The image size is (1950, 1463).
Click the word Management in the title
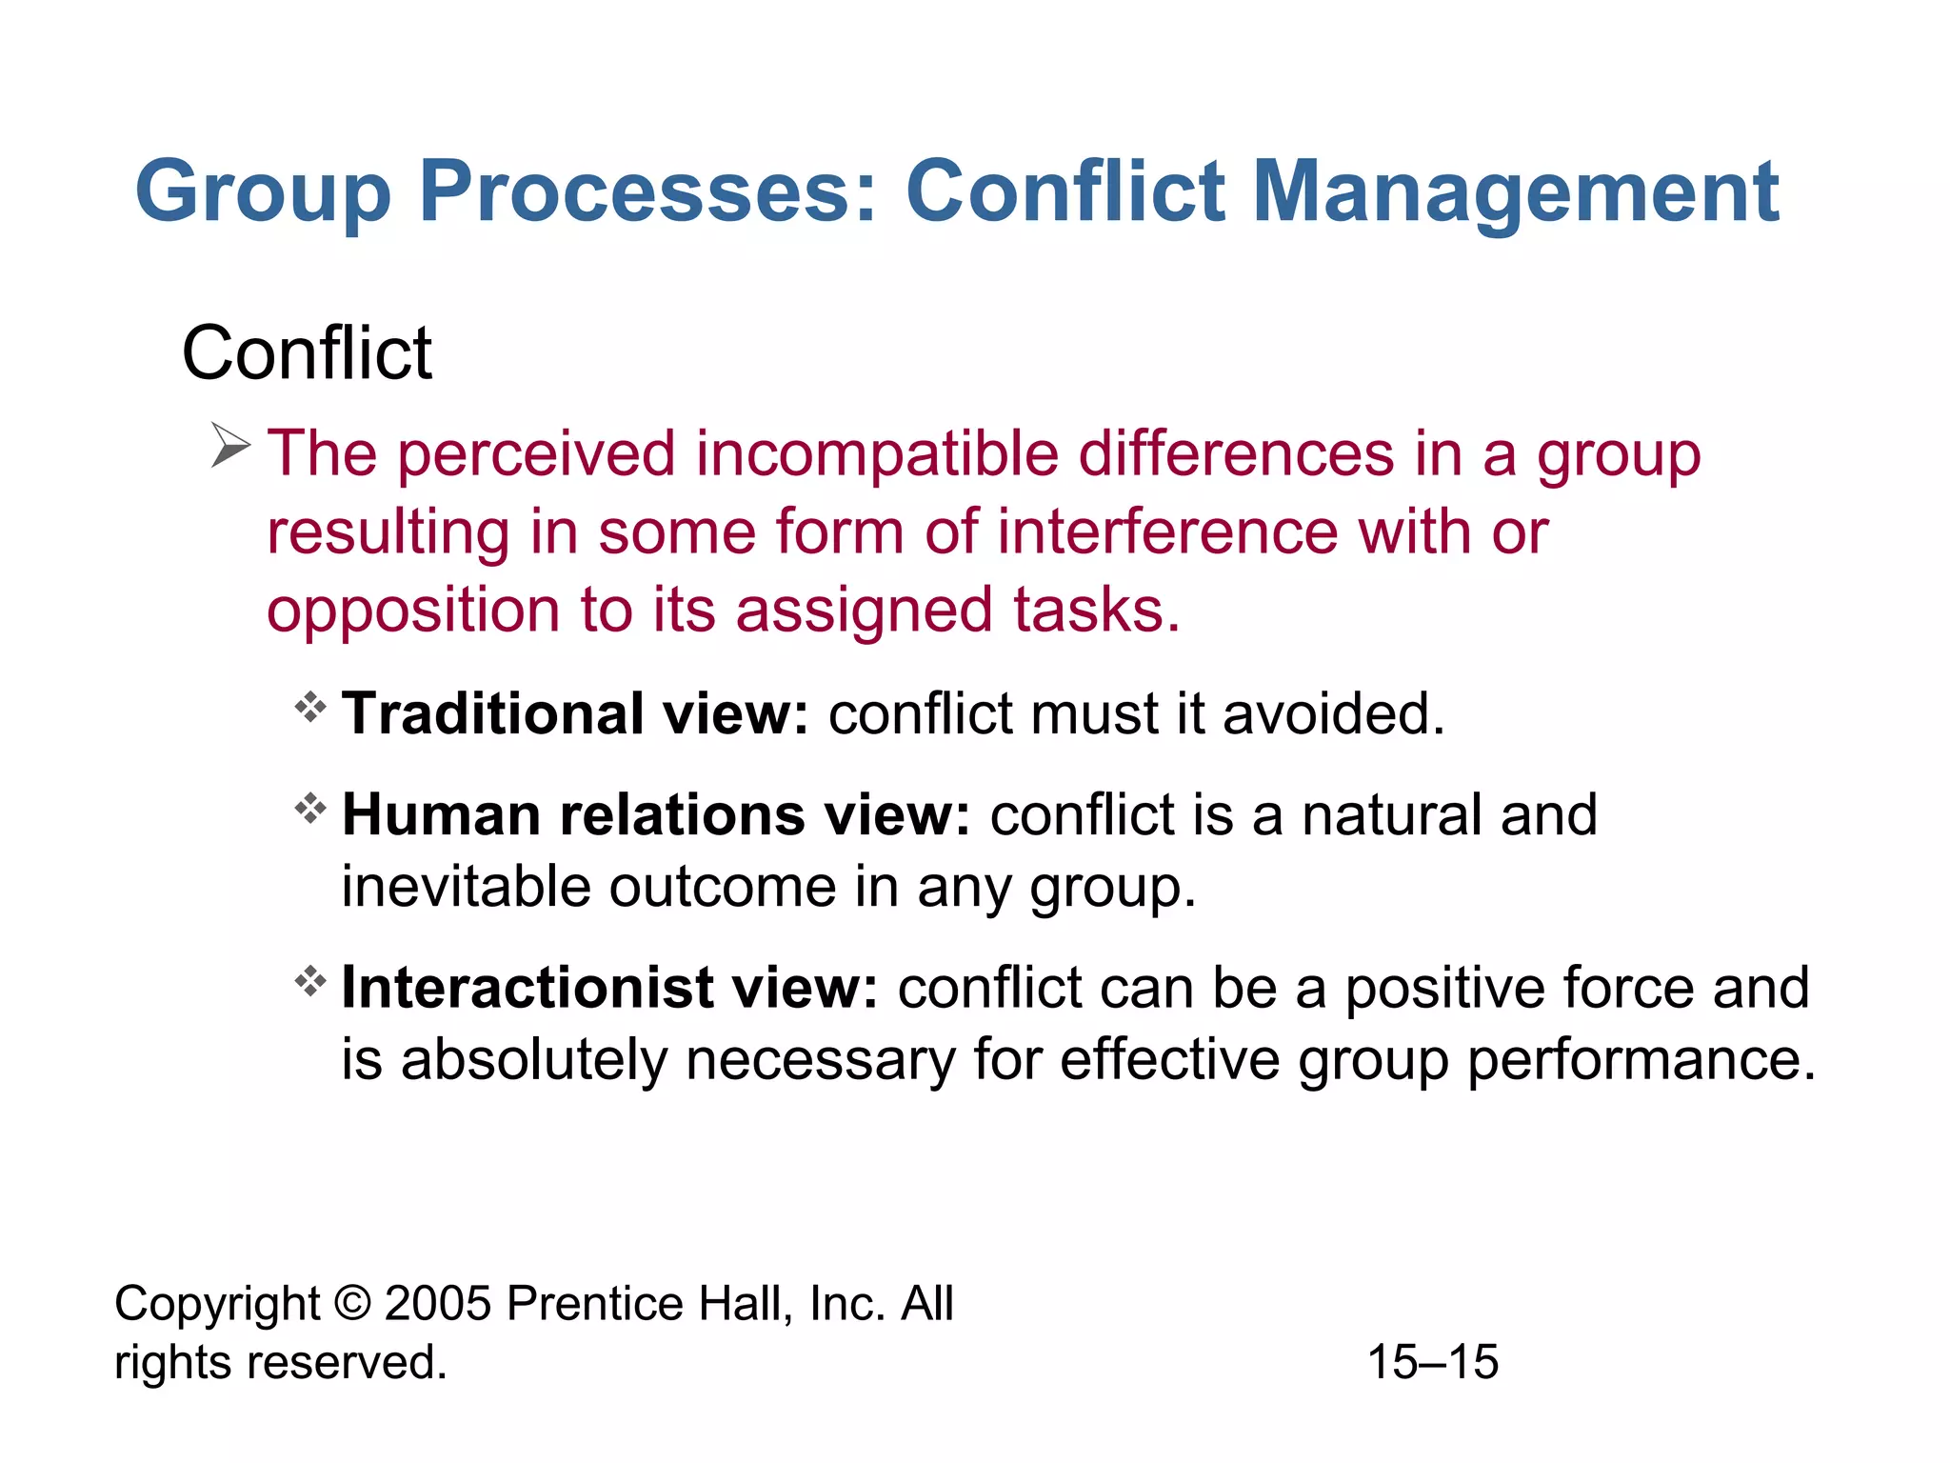(1515, 193)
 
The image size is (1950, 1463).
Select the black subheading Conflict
(307, 353)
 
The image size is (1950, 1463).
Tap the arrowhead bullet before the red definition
(229, 446)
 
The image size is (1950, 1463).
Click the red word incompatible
(877, 454)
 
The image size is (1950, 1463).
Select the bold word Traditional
(493, 713)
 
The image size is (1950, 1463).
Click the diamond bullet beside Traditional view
(310, 708)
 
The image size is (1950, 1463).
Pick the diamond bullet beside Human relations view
(310, 810)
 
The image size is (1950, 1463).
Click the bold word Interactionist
(527, 988)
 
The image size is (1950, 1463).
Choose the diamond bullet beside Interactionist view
(310, 981)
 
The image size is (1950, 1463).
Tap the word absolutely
(533, 1060)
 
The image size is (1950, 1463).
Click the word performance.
(1640, 1060)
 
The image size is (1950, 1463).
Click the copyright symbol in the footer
(352, 1304)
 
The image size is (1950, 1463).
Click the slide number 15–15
(1432, 1363)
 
